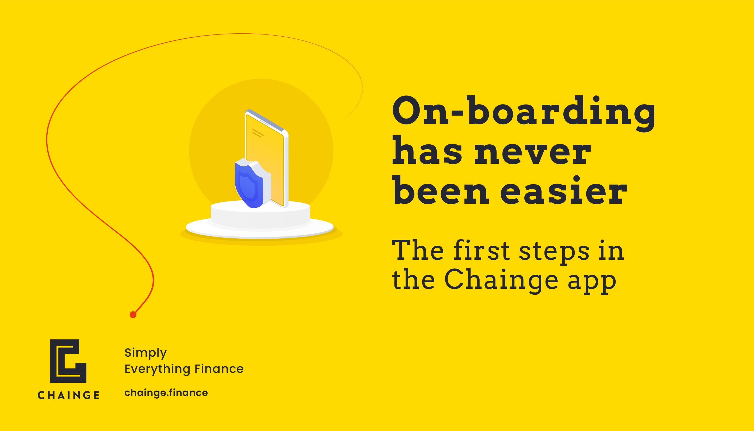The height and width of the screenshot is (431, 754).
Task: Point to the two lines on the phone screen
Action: click(258, 133)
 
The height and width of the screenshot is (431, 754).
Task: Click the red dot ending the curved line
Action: click(133, 315)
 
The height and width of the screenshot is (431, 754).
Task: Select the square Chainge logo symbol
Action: click(68, 361)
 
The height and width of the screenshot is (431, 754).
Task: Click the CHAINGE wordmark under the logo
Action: click(68, 395)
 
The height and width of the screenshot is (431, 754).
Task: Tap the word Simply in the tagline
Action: click(146, 353)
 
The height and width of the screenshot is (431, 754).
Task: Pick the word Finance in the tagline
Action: click(219, 369)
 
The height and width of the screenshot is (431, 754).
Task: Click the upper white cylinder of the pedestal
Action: click(260, 214)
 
